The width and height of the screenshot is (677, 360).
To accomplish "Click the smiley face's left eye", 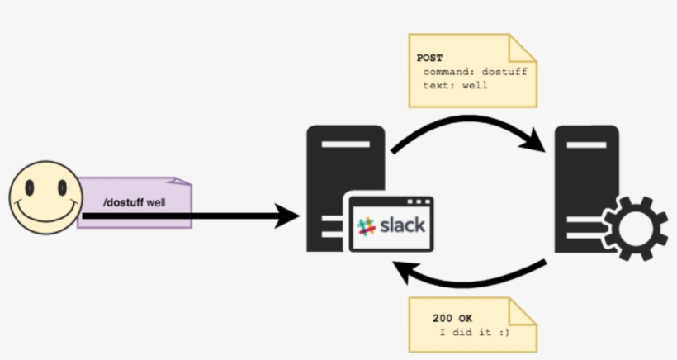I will pos(31,188).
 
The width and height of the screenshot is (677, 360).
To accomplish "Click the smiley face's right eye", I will pos(61,188).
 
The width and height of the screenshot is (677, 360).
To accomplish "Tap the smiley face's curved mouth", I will pos(46,214).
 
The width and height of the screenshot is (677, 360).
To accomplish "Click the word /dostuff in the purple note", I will pos(123,201).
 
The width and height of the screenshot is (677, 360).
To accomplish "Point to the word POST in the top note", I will pos(430,59).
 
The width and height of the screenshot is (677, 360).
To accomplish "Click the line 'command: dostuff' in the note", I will pos(474,71).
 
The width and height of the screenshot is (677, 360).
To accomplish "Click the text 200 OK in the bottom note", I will pos(453,318).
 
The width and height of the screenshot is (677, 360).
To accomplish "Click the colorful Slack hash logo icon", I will pos(366,225).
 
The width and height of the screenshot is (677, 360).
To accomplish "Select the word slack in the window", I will pos(402,224).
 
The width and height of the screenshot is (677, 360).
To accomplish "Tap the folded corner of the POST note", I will pos(524,47).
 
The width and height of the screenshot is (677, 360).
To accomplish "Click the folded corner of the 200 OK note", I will pos(524,310).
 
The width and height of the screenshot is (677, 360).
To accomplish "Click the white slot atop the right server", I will pos(586,145).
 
